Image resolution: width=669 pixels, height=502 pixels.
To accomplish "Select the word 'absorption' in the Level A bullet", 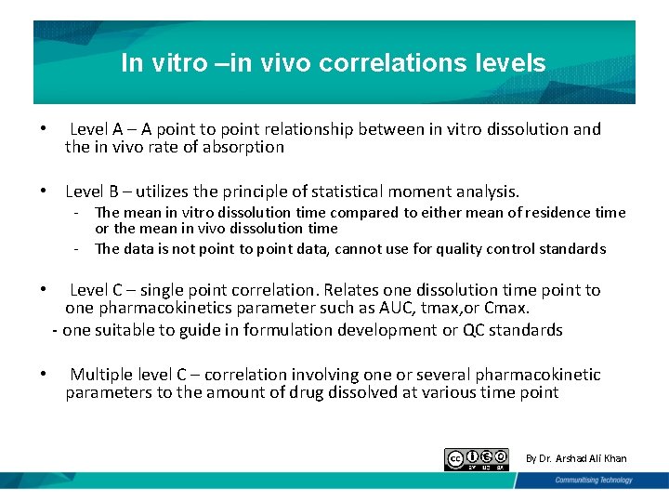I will click(x=244, y=147).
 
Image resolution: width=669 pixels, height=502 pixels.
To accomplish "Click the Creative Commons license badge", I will click(x=477, y=459).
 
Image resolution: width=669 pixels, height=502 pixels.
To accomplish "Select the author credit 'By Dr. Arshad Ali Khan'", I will click(x=576, y=458).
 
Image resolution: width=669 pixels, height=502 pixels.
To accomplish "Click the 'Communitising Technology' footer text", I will click(x=593, y=480).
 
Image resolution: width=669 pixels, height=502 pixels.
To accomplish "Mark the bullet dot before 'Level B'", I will click(x=43, y=192).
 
